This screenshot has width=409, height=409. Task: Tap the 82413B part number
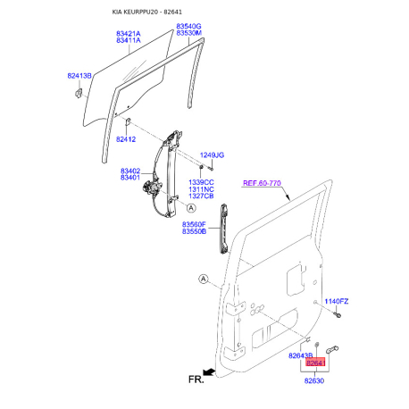79,76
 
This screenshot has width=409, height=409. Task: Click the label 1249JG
211,154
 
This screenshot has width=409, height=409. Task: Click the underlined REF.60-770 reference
263,183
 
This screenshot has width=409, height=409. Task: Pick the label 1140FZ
337,301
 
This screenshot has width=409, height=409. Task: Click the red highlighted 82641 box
315,363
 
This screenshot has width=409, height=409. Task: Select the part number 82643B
301,355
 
